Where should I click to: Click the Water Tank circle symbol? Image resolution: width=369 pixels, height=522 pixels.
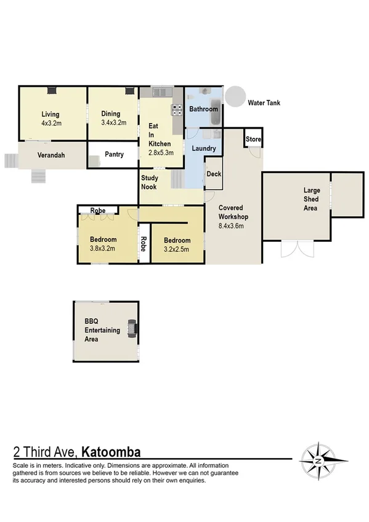click(x=234, y=96)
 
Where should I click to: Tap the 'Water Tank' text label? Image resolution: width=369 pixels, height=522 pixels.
click(x=264, y=103)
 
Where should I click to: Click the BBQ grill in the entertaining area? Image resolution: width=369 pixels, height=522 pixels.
click(x=131, y=329)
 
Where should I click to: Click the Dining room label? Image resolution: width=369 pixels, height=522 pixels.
click(x=111, y=114)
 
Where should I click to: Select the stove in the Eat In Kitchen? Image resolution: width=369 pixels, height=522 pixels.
click(x=177, y=110)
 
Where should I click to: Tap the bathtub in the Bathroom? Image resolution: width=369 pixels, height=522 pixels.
click(x=215, y=108)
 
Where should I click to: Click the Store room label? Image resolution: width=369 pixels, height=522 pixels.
click(x=253, y=140)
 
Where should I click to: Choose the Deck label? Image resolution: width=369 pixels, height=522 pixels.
click(x=214, y=174)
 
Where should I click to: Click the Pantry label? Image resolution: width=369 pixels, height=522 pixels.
click(x=114, y=155)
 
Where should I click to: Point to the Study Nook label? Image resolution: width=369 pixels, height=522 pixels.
click(x=150, y=182)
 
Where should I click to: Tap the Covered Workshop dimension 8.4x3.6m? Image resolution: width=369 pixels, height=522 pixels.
click(x=232, y=226)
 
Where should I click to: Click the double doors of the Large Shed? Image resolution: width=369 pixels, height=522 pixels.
click(x=294, y=249)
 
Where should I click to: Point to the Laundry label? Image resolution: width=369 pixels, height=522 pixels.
click(x=204, y=148)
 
